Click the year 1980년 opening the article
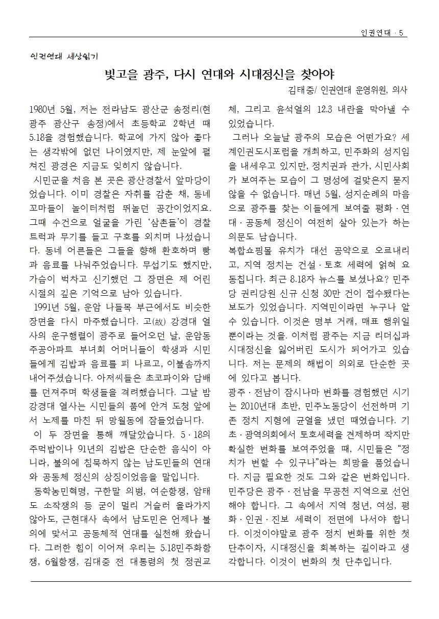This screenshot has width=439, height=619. coord(45,110)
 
